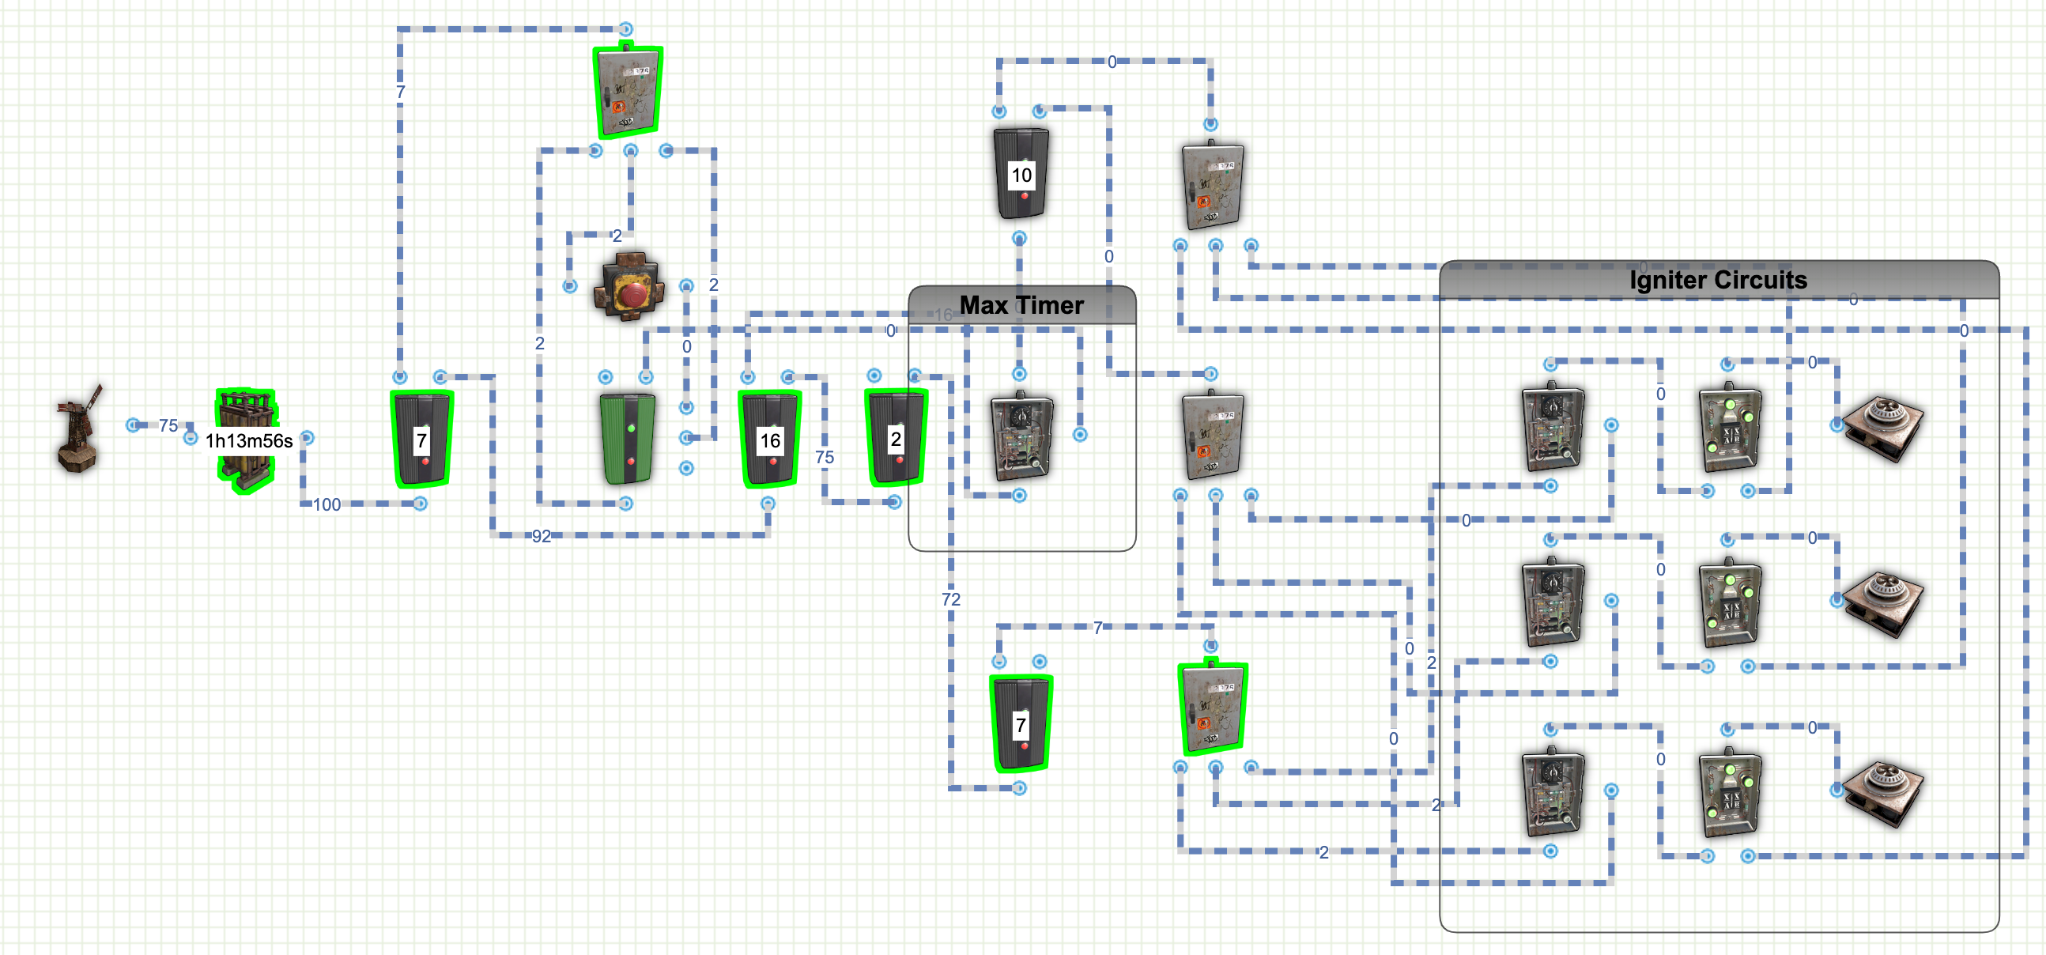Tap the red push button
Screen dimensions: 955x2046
629,286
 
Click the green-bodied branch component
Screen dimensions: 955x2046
628,438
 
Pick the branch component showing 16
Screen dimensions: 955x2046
770,438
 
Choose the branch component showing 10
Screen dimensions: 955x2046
1021,173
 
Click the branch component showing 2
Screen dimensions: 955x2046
896,437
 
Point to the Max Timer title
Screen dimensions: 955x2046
1021,305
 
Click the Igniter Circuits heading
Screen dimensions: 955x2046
1717,280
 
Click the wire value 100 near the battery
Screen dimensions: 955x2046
327,504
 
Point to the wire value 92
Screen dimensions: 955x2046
541,536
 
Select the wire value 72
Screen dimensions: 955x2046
951,599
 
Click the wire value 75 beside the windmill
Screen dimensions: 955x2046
168,426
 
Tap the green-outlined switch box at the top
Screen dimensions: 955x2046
629,92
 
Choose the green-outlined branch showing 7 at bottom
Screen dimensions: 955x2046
1021,723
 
